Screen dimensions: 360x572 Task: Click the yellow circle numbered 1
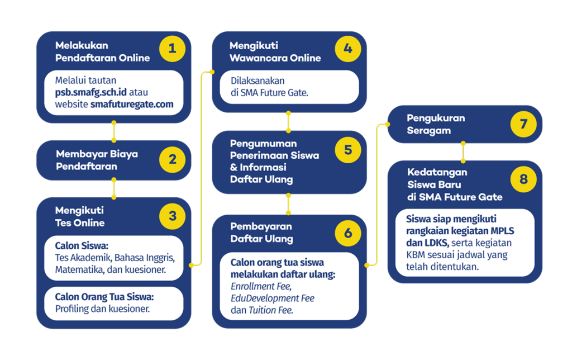click(x=172, y=49)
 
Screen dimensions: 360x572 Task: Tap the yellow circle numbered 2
click(x=172, y=160)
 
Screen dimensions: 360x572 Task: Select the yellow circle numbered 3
click(x=172, y=216)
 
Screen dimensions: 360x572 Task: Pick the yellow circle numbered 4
click(x=348, y=49)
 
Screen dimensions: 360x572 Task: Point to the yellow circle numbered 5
click(x=348, y=150)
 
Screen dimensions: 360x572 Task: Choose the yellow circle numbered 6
click(x=348, y=233)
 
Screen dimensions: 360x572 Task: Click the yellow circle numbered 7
click(x=523, y=123)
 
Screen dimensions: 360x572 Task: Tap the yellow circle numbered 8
click(x=523, y=179)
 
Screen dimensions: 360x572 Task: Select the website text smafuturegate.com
click(x=132, y=104)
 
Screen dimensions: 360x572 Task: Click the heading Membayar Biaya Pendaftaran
click(x=97, y=160)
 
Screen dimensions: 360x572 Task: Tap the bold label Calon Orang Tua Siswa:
click(x=104, y=296)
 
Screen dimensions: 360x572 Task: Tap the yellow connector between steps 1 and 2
click(x=114, y=131)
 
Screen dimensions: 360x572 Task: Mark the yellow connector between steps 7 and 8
click(x=463, y=151)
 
